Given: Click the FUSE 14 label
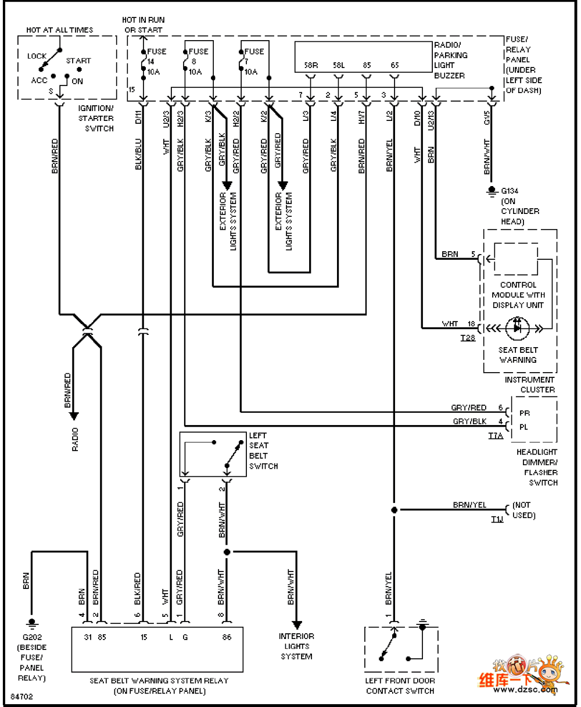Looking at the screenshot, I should [156, 56].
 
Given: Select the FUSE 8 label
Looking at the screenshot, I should [197, 56].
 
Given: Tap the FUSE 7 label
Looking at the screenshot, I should [253, 56].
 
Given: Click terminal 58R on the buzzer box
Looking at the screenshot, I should [311, 66].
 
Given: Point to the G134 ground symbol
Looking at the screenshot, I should [491, 190].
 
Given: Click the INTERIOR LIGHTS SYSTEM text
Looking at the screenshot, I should [296, 646].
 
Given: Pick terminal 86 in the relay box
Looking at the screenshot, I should [227, 637].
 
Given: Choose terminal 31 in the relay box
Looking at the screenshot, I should [88, 637].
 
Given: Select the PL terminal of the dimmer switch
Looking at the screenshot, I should [524, 427].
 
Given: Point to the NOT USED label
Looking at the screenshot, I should [524, 510].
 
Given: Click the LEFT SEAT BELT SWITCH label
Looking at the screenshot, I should [263, 451].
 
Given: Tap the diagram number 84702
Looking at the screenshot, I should [21, 696].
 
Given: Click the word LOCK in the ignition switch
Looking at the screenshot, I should [37, 56].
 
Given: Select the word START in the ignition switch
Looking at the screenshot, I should [78, 60].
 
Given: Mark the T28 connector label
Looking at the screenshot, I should [468, 337].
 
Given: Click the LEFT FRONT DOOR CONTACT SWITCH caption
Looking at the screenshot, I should [400, 685].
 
